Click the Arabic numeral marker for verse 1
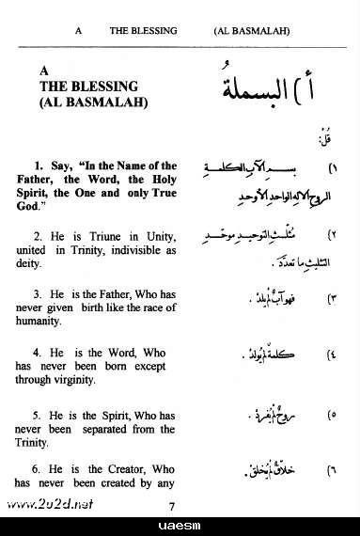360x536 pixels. (334, 171)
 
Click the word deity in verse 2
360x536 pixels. (41, 265)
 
